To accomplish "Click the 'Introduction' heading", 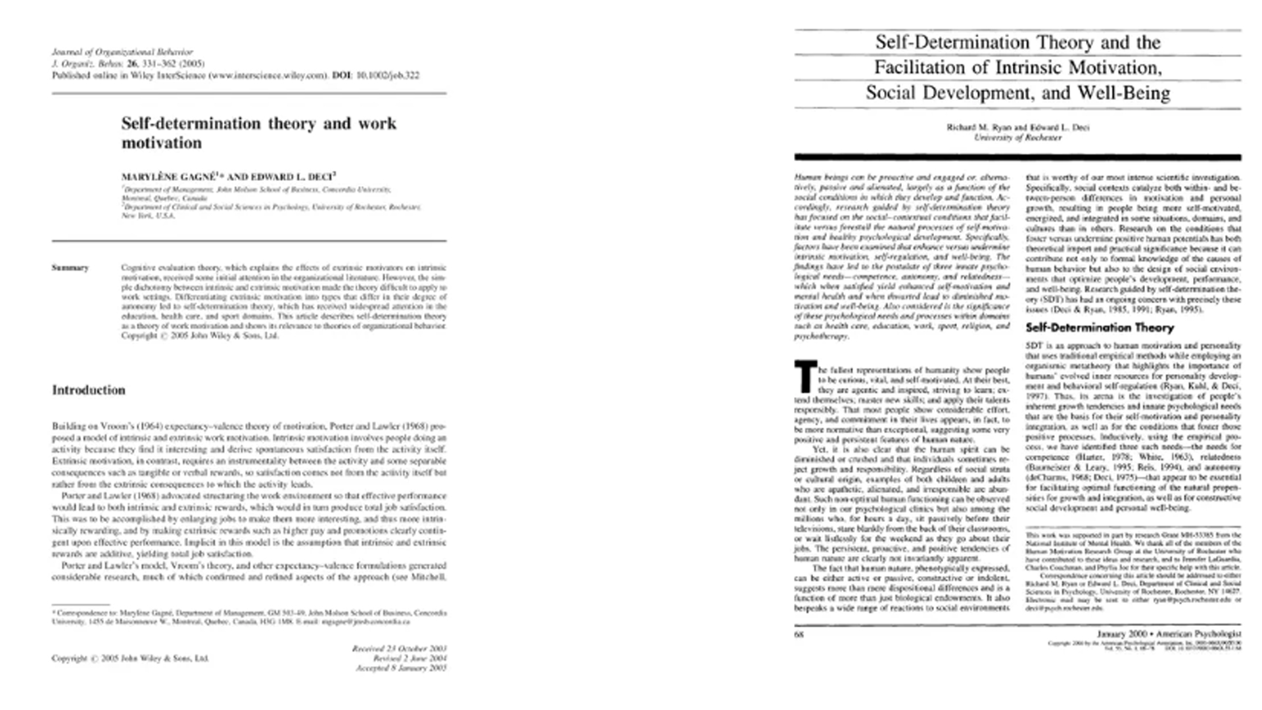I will tap(89, 390).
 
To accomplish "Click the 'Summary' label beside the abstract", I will tap(70, 268).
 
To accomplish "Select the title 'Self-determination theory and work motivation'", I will tap(258, 133).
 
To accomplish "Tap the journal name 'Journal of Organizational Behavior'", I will tap(122, 52).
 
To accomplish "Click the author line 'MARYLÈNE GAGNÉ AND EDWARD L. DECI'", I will tap(228, 176).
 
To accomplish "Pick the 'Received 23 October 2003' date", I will tap(399, 648).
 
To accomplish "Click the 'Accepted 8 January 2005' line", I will tap(401, 668).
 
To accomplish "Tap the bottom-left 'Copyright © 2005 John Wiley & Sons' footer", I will tap(130, 658).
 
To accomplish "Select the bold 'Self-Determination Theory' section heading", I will tap(1100, 327).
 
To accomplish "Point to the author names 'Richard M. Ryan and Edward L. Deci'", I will tap(1017, 128).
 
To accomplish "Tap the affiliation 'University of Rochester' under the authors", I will tap(1017, 137).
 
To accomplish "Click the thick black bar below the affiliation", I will tap(1017, 157).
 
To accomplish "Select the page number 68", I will tap(799, 634).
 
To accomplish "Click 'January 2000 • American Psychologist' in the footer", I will tap(1169, 634).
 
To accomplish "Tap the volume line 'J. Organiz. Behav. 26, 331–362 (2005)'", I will tap(128, 64).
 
